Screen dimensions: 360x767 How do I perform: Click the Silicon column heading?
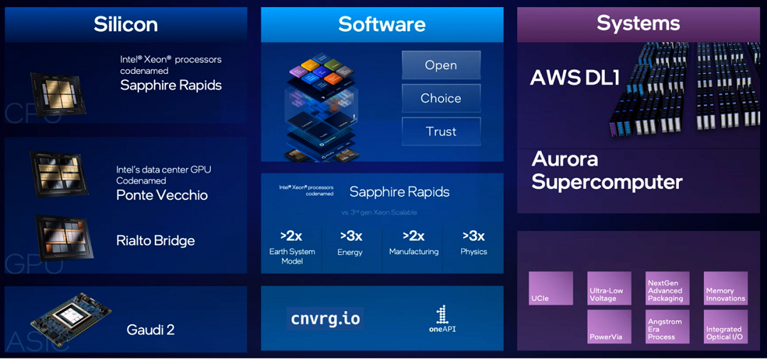click(x=126, y=24)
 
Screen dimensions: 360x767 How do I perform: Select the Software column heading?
click(x=382, y=24)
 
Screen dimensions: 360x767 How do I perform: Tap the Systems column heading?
click(x=638, y=23)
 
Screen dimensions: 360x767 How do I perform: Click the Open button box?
click(x=441, y=65)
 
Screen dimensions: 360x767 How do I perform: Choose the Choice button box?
click(x=441, y=98)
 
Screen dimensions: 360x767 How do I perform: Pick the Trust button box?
click(x=441, y=131)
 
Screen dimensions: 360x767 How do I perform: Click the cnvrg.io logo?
click(x=325, y=318)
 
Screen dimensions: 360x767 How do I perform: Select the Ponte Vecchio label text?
click(x=162, y=195)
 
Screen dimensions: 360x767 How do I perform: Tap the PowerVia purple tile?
click(x=609, y=327)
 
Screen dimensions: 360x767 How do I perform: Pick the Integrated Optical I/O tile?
click(x=725, y=327)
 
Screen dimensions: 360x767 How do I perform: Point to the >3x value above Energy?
click(x=351, y=235)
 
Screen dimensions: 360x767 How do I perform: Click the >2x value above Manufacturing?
click(x=413, y=235)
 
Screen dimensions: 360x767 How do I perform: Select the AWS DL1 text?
click(x=575, y=77)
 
